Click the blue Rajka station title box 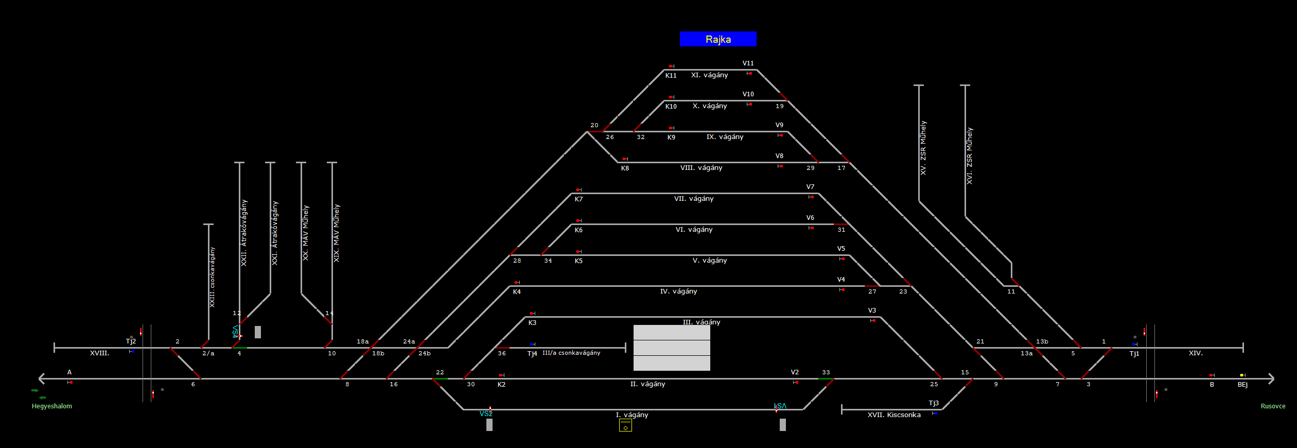[x=718, y=39]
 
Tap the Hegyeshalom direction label [x=52, y=406]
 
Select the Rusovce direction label [x=1273, y=406]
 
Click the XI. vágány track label [x=709, y=75]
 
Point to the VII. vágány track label [x=694, y=199]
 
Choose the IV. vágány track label [x=678, y=291]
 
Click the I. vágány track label [x=632, y=415]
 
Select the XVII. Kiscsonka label [x=894, y=415]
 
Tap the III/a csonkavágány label [x=571, y=353]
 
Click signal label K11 [x=671, y=76]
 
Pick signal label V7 [x=810, y=187]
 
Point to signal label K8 [x=625, y=168]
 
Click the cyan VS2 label [x=486, y=413]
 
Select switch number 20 [x=594, y=126]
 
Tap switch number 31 [x=841, y=230]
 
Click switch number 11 [x=1011, y=292]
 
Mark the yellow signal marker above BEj [x=1242, y=375]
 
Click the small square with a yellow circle [x=625, y=426]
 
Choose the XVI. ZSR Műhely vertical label [x=970, y=156]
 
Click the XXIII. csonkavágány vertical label [x=212, y=277]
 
